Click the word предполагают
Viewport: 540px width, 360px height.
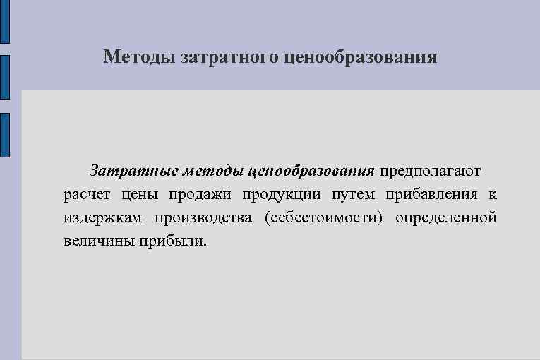pyautogui.click(x=431, y=171)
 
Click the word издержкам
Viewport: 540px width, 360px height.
pyautogui.click(x=101, y=217)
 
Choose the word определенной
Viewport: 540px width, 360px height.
pyautogui.click(x=446, y=217)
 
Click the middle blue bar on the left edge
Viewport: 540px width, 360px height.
pyautogui.click(x=5, y=78)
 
